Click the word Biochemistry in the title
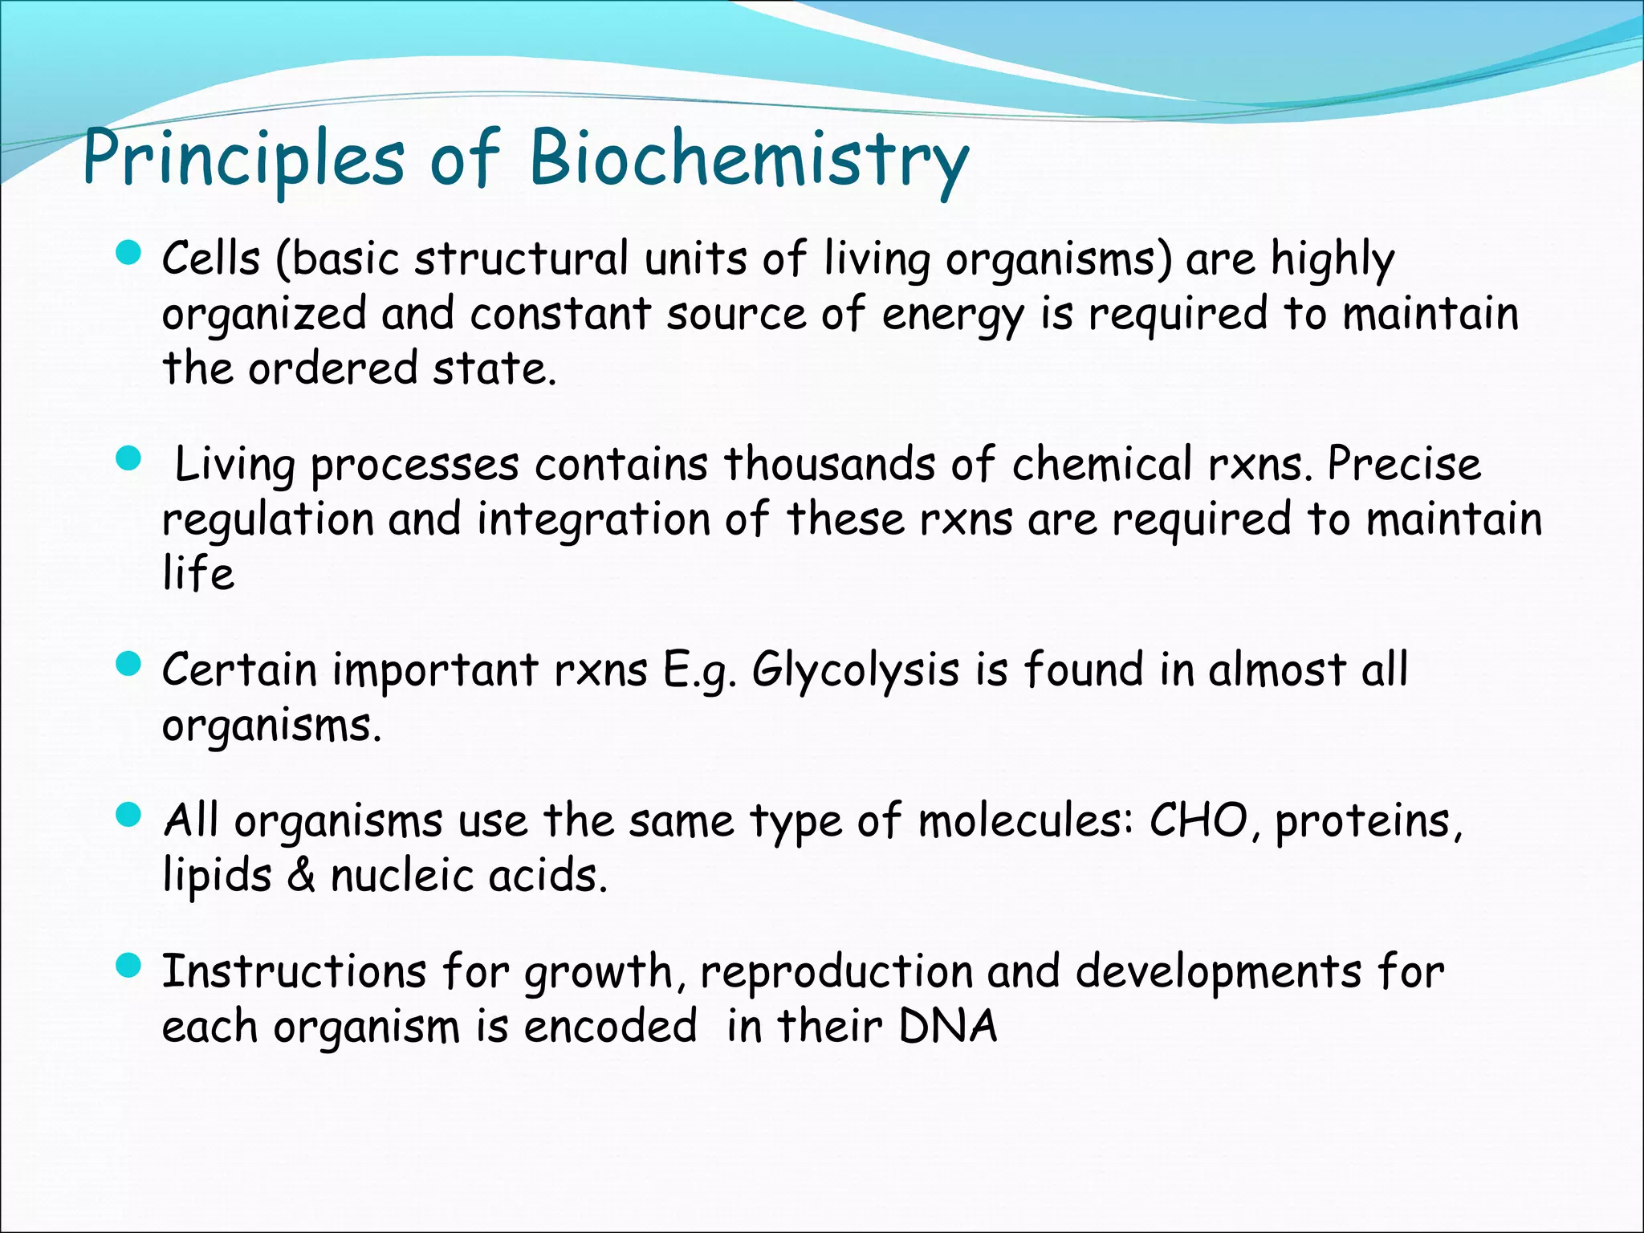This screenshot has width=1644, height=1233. (748, 158)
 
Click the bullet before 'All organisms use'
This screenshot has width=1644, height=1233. (128, 816)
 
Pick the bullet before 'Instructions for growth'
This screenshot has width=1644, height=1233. (128, 966)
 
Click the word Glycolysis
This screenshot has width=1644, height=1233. (855, 671)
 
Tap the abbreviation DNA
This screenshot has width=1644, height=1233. (948, 1026)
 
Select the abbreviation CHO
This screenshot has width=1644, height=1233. (1199, 820)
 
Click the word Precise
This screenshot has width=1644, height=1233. (1403, 464)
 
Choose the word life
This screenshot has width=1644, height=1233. (197, 573)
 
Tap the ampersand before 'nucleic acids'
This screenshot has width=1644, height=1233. (301, 875)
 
